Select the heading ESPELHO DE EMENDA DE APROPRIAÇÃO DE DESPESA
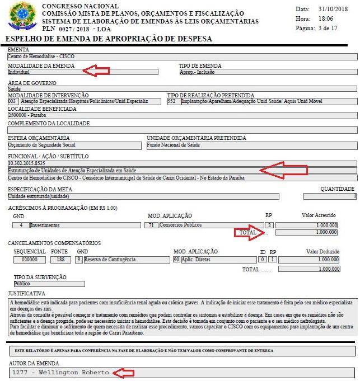point(108,39)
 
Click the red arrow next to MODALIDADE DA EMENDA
point(95,70)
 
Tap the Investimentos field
point(85,225)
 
